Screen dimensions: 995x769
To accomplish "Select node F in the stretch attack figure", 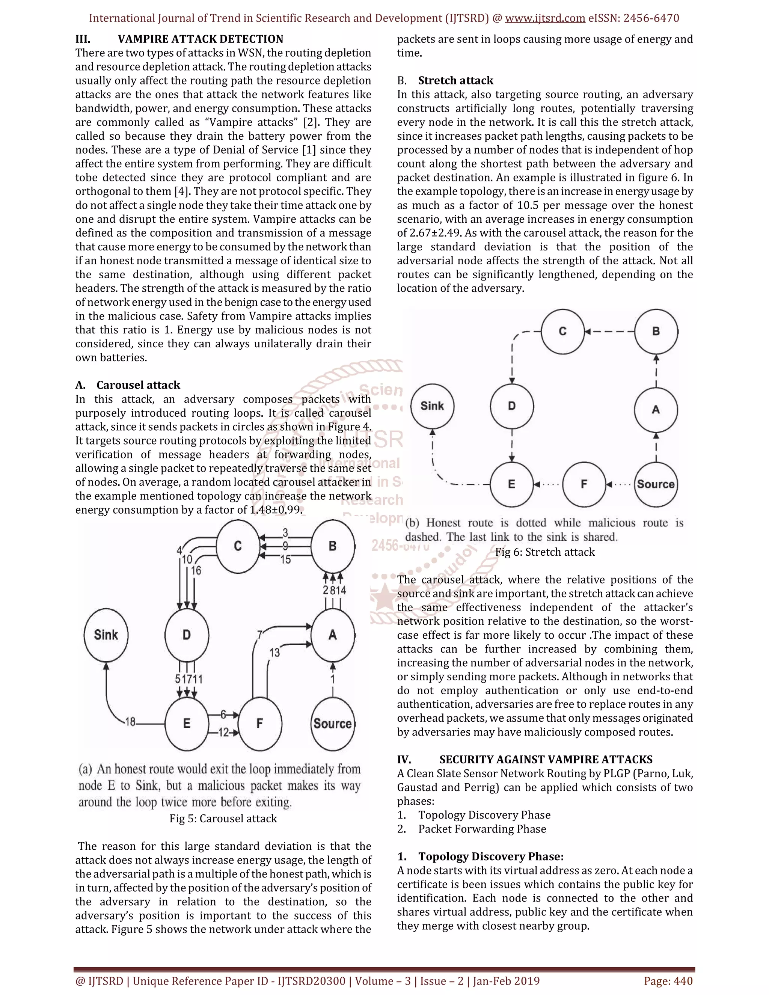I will (x=584, y=484).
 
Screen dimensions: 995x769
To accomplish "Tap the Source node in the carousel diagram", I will (x=333, y=724).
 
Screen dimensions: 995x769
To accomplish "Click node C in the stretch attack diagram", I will (x=562, y=332).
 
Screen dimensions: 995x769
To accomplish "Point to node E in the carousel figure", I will (x=186, y=724).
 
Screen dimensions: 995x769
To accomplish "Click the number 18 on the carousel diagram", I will (x=130, y=722).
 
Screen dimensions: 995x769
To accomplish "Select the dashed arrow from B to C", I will (x=609, y=332).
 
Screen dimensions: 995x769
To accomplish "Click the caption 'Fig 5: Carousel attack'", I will (x=223, y=819).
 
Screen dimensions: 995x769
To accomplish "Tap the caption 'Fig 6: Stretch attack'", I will (x=545, y=552).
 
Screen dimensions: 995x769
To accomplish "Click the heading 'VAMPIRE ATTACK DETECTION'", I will (x=201, y=39).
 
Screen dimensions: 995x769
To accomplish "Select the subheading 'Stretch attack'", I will (x=455, y=81).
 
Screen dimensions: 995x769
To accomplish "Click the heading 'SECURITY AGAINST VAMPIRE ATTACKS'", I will (x=546, y=760).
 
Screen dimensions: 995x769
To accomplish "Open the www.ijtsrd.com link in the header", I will (x=545, y=18).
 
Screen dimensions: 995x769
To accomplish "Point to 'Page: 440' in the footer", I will (x=668, y=981).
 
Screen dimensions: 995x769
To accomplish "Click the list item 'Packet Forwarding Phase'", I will (x=482, y=829).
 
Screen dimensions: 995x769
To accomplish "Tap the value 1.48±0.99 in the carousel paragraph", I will (x=276, y=510).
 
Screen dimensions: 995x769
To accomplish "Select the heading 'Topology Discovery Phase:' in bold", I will (x=491, y=856).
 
